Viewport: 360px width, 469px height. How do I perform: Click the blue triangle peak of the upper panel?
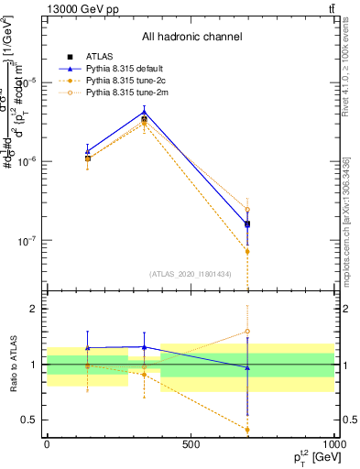tap(144, 112)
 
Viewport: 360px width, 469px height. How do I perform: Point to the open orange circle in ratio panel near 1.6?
tap(247, 331)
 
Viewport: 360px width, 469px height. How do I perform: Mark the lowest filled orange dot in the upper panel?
tap(247, 251)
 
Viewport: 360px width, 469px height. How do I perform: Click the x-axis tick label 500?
tap(191, 444)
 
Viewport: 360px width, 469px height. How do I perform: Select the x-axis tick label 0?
tap(47, 444)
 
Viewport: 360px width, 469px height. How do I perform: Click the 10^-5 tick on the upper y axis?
tap(29, 82)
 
